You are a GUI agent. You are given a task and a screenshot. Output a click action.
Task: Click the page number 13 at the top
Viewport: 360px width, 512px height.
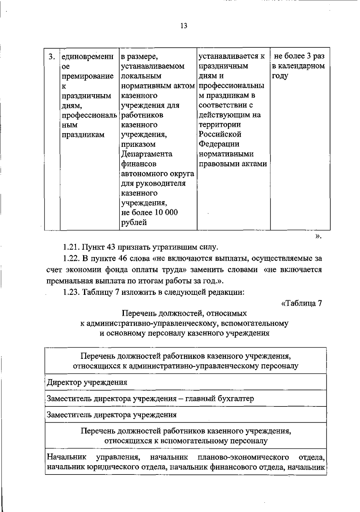pyautogui.click(x=184, y=26)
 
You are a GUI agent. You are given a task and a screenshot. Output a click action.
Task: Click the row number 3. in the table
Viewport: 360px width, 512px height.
pyautogui.click(x=52, y=56)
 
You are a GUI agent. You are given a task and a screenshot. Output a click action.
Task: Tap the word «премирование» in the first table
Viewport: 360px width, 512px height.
pyautogui.click(x=88, y=76)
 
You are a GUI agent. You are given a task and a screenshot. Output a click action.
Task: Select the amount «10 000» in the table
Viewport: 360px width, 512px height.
pyautogui.click(x=166, y=212)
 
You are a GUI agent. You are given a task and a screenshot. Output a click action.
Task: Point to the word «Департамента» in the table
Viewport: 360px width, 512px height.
pyautogui.click(x=146, y=154)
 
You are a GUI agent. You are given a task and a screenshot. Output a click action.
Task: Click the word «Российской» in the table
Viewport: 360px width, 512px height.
pyautogui.click(x=220, y=134)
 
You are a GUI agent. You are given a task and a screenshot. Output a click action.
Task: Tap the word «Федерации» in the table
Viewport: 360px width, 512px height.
pyautogui.click(x=219, y=144)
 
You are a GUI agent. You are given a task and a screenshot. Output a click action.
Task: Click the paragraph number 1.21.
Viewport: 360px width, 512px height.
pyautogui.click(x=71, y=247)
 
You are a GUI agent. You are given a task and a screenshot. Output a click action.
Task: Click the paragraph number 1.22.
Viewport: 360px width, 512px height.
pyautogui.click(x=71, y=258)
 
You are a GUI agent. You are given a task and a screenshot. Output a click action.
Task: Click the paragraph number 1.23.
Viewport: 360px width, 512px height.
pyautogui.click(x=71, y=292)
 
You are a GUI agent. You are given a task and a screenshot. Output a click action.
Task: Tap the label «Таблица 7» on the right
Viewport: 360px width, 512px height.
pyautogui.click(x=301, y=303)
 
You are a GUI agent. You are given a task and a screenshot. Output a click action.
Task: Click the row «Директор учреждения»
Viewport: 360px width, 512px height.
pyautogui.click(x=87, y=382)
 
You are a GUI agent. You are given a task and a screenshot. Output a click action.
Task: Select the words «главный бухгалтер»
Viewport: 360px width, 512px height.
pyautogui.click(x=220, y=399)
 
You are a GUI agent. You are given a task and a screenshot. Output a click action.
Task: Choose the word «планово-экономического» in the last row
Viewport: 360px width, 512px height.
pyautogui.click(x=243, y=457)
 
